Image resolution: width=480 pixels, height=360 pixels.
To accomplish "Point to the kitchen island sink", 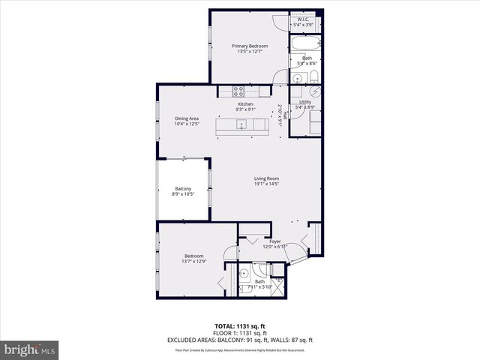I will pos(242,125).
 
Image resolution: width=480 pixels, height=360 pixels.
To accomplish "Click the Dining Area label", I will pos(187,118).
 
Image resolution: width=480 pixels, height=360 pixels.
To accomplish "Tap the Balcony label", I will pos(183,188).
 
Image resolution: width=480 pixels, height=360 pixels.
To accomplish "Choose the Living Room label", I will pos(266,178).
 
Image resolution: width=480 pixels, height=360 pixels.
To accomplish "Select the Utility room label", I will pos(304,102).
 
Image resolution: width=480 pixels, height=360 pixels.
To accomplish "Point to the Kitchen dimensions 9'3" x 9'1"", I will pos(245,109).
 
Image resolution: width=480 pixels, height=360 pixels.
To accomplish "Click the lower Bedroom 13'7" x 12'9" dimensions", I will pos(193,262).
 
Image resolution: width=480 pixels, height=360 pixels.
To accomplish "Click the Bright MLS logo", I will pos(30,349).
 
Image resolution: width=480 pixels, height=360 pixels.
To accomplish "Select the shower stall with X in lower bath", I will pos(278,285).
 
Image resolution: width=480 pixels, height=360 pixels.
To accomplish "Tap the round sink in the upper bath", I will pos(297,77).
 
